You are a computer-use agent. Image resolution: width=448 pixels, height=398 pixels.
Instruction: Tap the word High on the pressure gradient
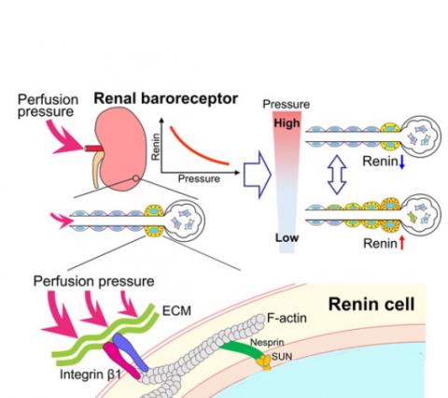click(284, 122)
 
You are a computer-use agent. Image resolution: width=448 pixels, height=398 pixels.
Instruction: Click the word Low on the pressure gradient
click(284, 239)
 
